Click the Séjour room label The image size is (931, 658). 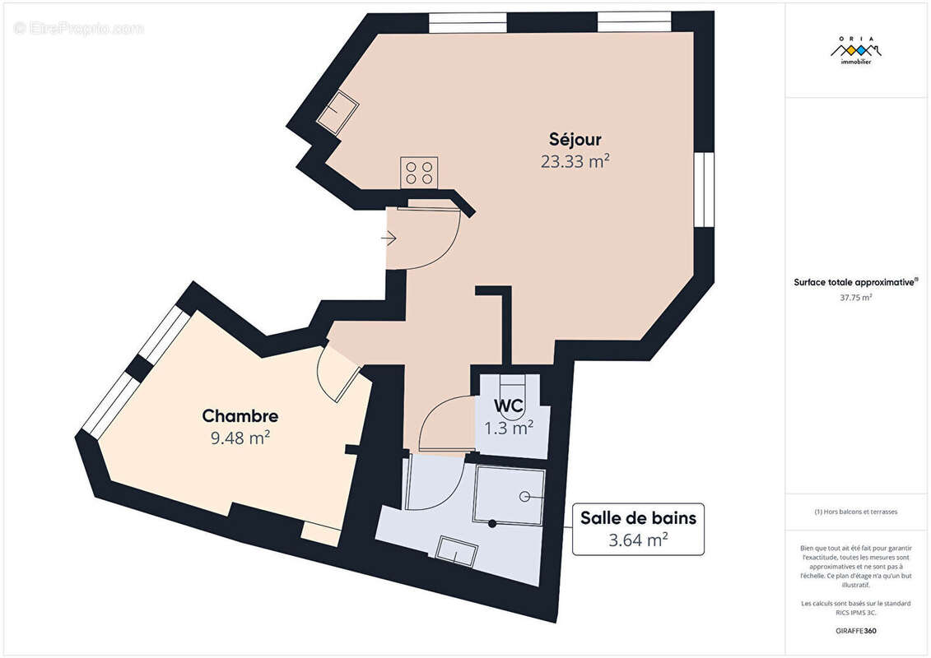(575, 139)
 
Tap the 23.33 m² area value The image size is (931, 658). (575, 161)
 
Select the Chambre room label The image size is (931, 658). (240, 416)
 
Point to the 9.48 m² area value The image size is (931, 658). (240, 438)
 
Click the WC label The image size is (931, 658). (508, 405)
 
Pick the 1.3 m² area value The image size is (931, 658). (508, 428)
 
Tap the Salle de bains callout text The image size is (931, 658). (638, 518)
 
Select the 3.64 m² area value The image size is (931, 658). (638, 540)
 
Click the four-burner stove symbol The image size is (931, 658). (419, 173)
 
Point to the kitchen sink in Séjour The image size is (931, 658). (337, 112)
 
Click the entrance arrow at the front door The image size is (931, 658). (389, 239)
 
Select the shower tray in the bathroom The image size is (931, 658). (509, 495)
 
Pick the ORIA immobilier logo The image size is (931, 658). (856, 52)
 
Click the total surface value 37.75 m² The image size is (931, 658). (856, 298)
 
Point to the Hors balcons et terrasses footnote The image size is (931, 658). (856, 512)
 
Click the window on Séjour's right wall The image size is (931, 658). (704, 189)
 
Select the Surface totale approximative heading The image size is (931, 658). (855, 282)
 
